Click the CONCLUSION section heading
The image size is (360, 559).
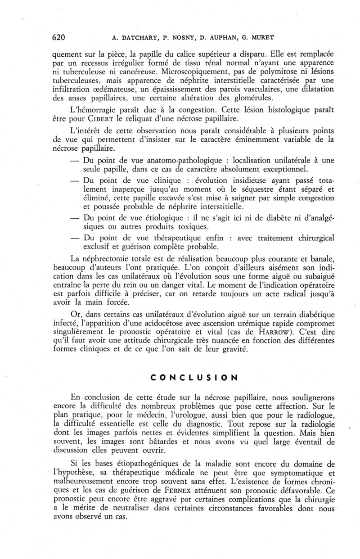[193, 377]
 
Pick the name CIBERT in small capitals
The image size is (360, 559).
[103, 119]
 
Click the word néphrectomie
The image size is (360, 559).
[115, 258]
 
